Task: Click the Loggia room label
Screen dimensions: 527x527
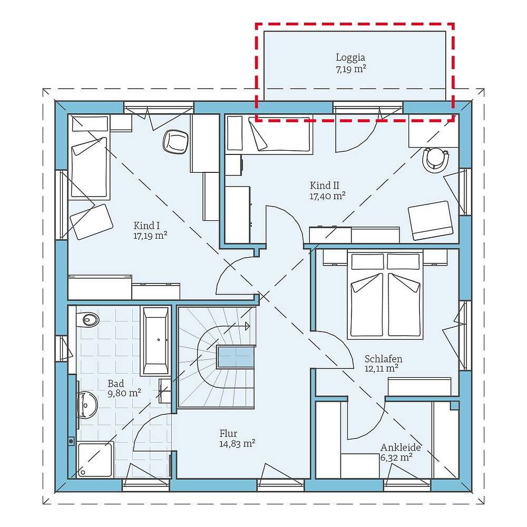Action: pos(350,57)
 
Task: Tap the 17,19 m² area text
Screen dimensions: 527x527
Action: pos(150,236)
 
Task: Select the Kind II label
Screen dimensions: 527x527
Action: pos(324,185)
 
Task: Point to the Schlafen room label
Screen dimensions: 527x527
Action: pos(383,359)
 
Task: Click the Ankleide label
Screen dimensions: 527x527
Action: pos(401,447)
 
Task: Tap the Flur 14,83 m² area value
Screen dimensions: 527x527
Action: pos(237,444)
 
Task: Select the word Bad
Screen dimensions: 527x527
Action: pos(116,383)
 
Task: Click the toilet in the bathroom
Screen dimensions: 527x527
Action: pos(88,319)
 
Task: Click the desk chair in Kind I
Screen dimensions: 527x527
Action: pos(175,141)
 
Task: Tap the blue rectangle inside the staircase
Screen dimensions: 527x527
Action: pos(236,358)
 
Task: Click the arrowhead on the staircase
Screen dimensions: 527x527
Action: pos(247,326)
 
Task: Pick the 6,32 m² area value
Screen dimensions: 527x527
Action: pos(396,457)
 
